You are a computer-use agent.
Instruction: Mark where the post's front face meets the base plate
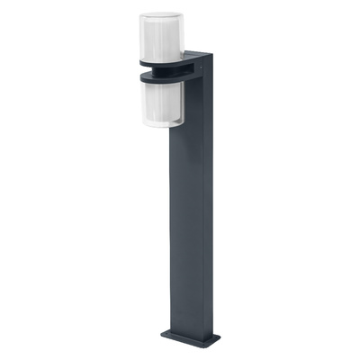[186, 332]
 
